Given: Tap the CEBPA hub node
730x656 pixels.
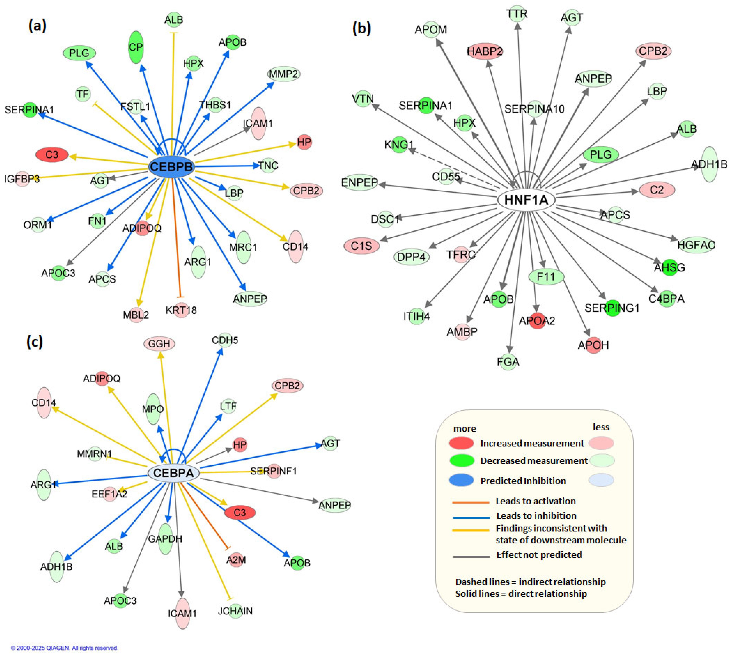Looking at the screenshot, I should pos(173,473).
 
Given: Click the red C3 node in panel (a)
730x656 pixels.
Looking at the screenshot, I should pos(52,155).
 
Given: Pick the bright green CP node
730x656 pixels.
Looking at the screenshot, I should pos(136,47).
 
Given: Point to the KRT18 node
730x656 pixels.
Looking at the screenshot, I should pos(181,310).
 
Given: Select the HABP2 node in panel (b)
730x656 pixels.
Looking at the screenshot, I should pos(485,52).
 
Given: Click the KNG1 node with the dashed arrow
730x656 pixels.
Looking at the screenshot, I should pos(399,144).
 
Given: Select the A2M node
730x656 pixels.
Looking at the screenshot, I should pos(236,560).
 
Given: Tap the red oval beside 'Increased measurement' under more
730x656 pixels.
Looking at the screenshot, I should pos(461,443).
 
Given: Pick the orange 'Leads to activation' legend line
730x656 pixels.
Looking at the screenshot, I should pos(471,502).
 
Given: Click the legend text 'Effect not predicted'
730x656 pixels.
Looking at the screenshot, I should pos(539,555).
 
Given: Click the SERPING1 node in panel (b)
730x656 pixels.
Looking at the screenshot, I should pos(612,308).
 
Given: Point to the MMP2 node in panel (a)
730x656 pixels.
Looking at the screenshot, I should pos(284,74).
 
